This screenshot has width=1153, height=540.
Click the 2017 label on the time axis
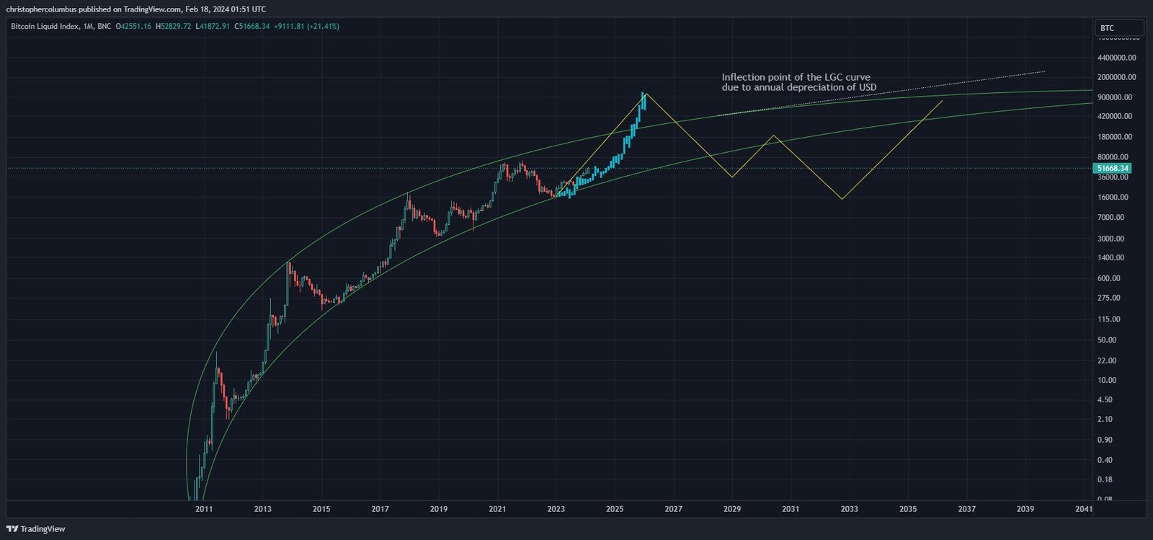coord(380,509)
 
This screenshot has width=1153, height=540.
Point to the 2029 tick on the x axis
coord(732,509)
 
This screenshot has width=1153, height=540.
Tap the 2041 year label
coord(1083,509)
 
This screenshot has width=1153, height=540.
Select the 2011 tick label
coord(204,509)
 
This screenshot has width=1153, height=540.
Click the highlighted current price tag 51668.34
coord(1113,168)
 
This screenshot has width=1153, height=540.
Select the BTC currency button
coord(1118,28)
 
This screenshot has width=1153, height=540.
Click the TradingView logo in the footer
coord(35,529)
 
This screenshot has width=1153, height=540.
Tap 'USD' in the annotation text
coord(868,87)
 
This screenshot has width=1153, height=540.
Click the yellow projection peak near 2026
coord(646,93)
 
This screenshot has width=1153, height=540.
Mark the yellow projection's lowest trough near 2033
coord(842,199)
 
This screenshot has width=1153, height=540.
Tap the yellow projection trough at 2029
coord(732,177)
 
